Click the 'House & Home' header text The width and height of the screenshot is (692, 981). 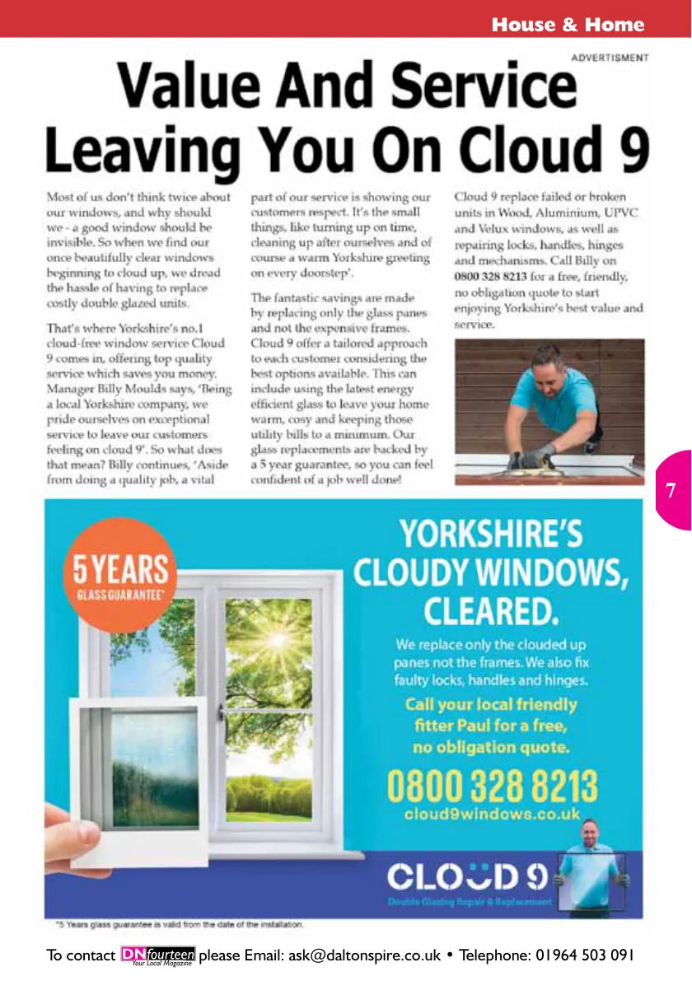pos(568,25)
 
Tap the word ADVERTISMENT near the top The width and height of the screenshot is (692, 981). pos(610,58)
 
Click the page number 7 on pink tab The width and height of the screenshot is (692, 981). pos(671,491)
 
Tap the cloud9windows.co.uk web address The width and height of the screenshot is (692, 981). pos(493,814)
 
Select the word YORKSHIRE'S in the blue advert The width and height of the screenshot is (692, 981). pos(491,534)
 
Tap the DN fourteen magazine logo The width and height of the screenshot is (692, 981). pos(158,955)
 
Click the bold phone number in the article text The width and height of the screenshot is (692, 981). pos(490,277)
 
